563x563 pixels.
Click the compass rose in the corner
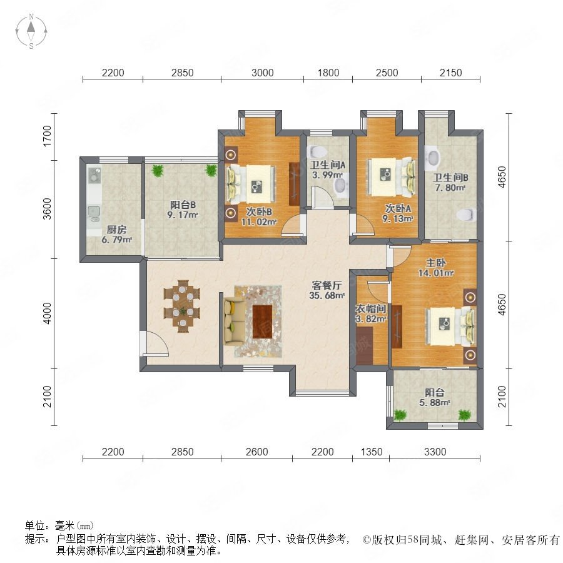coord(31,31)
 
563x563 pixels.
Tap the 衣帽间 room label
coord(370,309)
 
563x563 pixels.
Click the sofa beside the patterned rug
coord(234,321)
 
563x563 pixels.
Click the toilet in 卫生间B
coord(465,215)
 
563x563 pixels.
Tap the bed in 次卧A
coord(390,177)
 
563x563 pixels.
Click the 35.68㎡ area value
coord(327,295)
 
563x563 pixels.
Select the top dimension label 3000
coord(263,73)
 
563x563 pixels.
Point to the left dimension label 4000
coord(47,313)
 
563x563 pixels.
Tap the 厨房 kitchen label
coord(116,230)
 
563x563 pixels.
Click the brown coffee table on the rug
coord(263,322)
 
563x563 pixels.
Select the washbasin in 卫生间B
coord(433,158)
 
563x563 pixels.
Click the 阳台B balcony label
coord(183,205)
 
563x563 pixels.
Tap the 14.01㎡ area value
coord(436,273)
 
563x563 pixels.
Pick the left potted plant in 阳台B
coord(157,171)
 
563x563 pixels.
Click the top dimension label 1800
coord(328,73)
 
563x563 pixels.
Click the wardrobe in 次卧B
coord(294,184)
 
